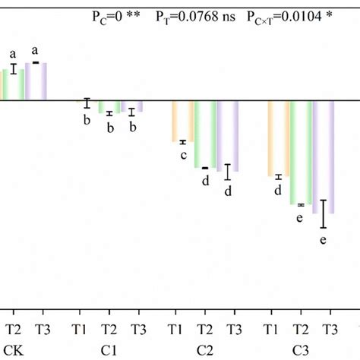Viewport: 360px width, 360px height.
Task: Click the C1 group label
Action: (109, 352)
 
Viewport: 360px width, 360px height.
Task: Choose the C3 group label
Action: (300, 352)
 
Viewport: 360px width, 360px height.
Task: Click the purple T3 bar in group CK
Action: (36, 81)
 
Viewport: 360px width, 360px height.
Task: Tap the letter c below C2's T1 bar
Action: (183, 155)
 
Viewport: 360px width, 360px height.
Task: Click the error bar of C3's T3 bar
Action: (324, 213)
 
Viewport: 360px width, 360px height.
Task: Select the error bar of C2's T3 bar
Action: (227, 172)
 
